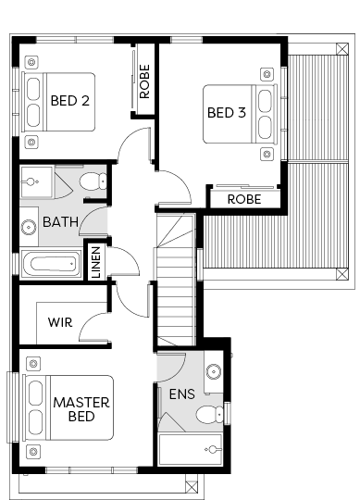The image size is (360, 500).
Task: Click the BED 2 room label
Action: point(70,101)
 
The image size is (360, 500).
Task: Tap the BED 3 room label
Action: point(227,113)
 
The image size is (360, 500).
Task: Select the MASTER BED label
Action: point(81,409)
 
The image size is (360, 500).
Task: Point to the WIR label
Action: point(60,322)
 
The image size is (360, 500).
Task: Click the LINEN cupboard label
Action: point(96,262)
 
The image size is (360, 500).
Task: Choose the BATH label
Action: point(60,222)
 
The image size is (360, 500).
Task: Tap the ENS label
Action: point(182,394)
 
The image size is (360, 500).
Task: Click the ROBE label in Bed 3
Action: point(244,199)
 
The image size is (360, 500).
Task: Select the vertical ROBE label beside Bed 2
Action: point(144,81)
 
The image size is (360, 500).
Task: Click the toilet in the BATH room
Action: point(93,181)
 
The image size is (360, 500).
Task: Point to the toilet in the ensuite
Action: point(210,415)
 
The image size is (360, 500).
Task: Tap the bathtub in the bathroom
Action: point(52,264)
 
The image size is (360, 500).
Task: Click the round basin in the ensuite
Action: point(214,371)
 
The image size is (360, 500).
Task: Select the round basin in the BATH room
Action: point(29,228)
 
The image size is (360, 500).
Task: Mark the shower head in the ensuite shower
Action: point(212,449)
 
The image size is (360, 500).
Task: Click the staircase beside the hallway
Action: point(176,281)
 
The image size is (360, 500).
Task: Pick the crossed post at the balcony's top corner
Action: point(342,49)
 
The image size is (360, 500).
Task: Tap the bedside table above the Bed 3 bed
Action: point(267,74)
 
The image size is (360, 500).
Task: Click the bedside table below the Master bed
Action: point(33,451)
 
